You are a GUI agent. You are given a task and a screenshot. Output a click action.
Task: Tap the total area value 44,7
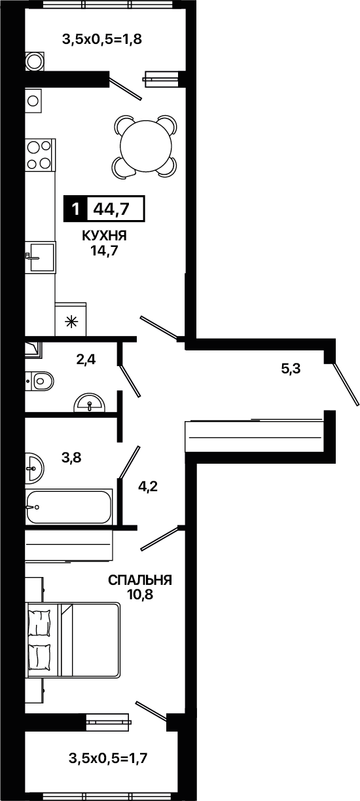coord(111,208)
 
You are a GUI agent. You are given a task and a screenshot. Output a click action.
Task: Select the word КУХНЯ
coord(104,236)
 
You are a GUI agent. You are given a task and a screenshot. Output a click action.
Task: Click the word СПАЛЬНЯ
coord(140,580)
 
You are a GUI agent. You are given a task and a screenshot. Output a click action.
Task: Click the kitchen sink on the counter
coord(40,257)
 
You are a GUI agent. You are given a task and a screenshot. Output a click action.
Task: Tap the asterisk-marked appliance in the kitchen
coord(71,320)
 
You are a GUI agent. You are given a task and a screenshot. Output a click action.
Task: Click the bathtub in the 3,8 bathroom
coord(68,507)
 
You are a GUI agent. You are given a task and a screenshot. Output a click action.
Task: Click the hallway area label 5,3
coord(291,368)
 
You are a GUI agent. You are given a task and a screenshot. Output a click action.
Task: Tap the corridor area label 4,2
coord(148,487)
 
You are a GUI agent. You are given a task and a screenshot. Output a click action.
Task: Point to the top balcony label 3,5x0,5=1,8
coord(102,39)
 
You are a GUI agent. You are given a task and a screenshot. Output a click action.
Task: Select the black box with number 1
coord(75,208)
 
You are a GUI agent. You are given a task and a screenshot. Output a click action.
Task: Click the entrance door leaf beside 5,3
coord(346,384)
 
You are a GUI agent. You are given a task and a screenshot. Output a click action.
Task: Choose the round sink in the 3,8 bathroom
coord(34,468)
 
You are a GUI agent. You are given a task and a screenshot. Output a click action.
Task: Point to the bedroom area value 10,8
coord(140,595)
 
